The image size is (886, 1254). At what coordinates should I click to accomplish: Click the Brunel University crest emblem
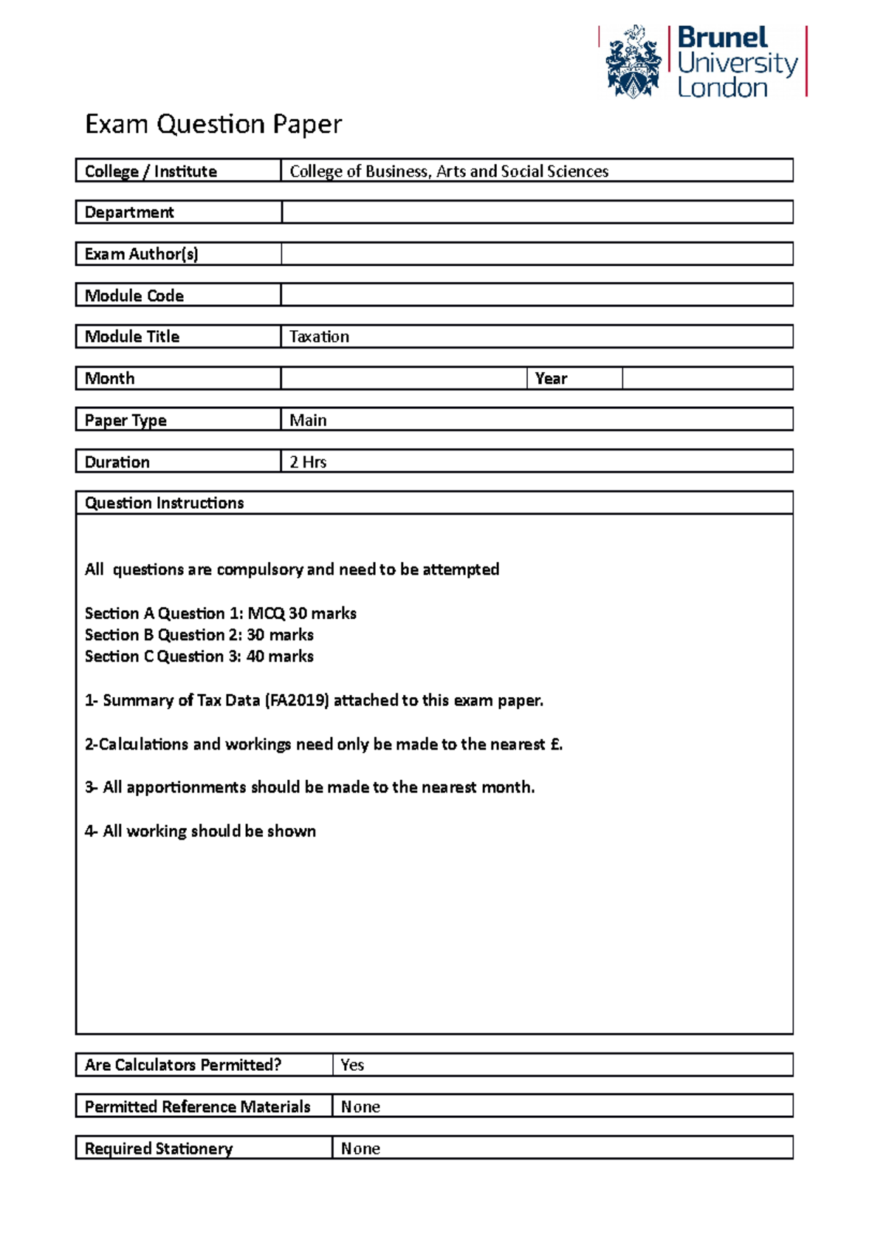[633, 63]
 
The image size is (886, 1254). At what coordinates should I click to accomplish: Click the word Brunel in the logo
[722, 38]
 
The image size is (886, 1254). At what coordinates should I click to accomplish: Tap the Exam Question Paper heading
[213, 124]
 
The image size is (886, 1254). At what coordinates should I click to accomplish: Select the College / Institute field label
[151, 171]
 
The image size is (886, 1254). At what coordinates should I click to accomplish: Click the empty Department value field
[537, 213]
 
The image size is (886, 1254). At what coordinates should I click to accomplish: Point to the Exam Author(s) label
[141, 254]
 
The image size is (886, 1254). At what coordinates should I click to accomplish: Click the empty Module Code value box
[537, 295]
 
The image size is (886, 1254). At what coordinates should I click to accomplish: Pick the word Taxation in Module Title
[319, 337]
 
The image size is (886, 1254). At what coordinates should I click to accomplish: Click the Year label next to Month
[551, 379]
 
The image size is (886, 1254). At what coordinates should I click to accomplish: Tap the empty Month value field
[403, 379]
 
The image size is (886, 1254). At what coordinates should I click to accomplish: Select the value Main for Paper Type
[308, 420]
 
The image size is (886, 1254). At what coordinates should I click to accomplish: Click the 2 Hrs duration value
[308, 462]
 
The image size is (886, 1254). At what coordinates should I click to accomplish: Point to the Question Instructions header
[164, 503]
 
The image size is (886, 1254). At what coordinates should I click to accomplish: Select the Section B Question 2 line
[199, 635]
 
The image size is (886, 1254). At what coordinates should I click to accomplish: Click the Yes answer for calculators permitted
[352, 1065]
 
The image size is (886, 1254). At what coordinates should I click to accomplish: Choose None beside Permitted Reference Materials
[360, 1107]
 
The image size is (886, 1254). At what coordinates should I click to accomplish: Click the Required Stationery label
[158, 1148]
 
